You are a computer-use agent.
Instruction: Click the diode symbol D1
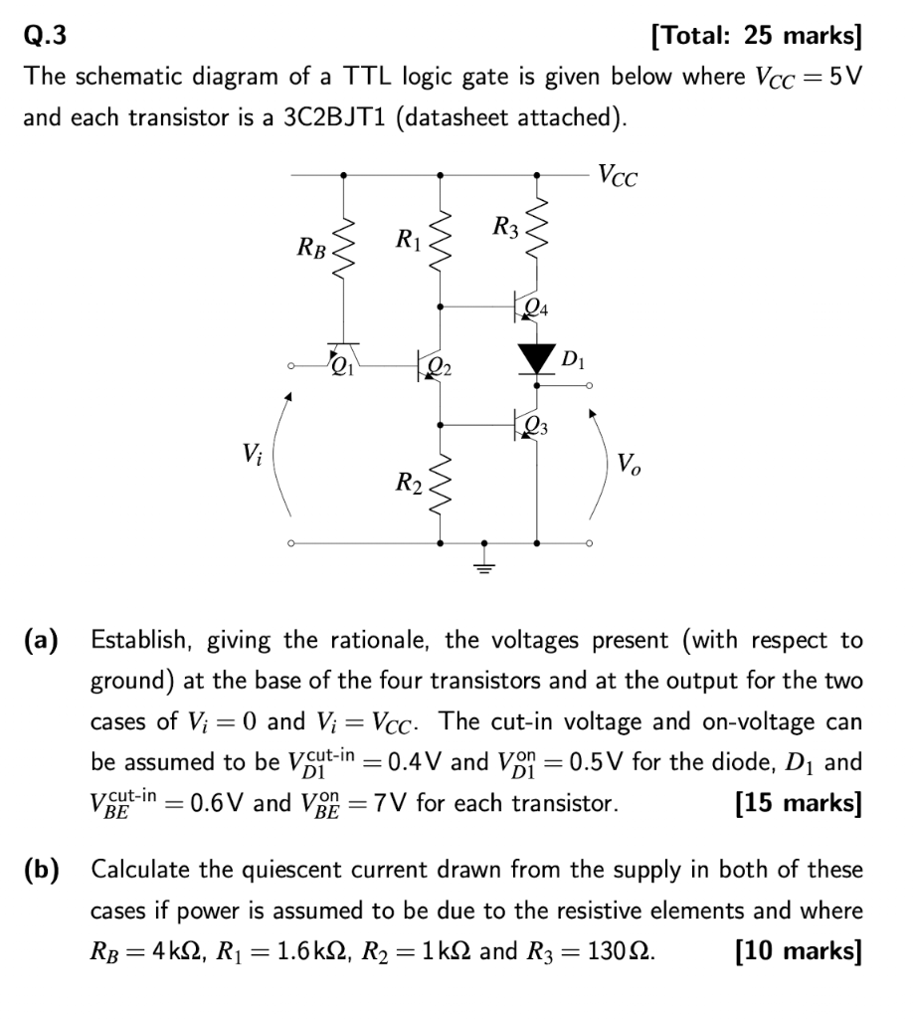(538, 356)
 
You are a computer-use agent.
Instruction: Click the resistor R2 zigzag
(441, 486)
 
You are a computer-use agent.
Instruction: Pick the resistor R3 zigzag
(538, 231)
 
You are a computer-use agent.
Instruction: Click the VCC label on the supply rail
(618, 178)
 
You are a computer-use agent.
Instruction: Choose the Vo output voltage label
(629, 463)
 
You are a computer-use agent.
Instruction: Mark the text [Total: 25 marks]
(756, 36)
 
